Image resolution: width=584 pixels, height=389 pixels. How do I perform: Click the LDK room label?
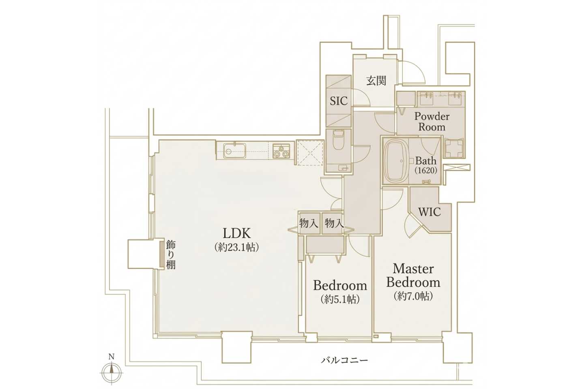pyautogui.click(x=237, y=233)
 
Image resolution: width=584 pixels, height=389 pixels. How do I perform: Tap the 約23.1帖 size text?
pyautogui.click(x=236, y=247)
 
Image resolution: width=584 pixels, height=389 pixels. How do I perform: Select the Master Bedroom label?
pyautogui.click(x=413, y=276)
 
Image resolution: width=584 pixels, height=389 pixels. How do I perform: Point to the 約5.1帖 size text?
pyautogui.click(x=340, y=299)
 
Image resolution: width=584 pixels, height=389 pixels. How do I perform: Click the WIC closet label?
pyautogui.click(x=429, y=212)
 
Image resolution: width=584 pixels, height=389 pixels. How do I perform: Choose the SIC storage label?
pyautogui.click(x=338, y=101)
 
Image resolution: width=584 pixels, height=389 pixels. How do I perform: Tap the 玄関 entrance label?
pyautogui.click(x=376, y=81)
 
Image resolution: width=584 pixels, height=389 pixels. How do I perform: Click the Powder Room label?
pyautogui.click(x=432, y=122)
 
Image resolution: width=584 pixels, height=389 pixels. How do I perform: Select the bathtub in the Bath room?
pyautogui.click(x=395, y=161)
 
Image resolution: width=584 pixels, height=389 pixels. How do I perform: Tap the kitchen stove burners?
pyautogui.click(x=281, y=151)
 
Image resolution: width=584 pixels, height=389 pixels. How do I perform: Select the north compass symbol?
pyautogui.click(x=111, y=371)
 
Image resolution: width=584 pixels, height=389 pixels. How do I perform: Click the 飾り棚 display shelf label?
pyautogui.click(x=171, y=254)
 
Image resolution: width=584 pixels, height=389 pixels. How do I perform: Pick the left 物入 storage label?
pyautogui.click(x=309, y=223)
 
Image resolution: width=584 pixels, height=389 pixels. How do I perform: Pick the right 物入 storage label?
pyautogui.click(x=334, y=223)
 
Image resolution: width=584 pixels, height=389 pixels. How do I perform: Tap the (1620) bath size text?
pyautogui.click(x=425, y=170)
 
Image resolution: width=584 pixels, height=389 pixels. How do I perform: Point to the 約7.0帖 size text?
pyautogui.click(x=413, y=296)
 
